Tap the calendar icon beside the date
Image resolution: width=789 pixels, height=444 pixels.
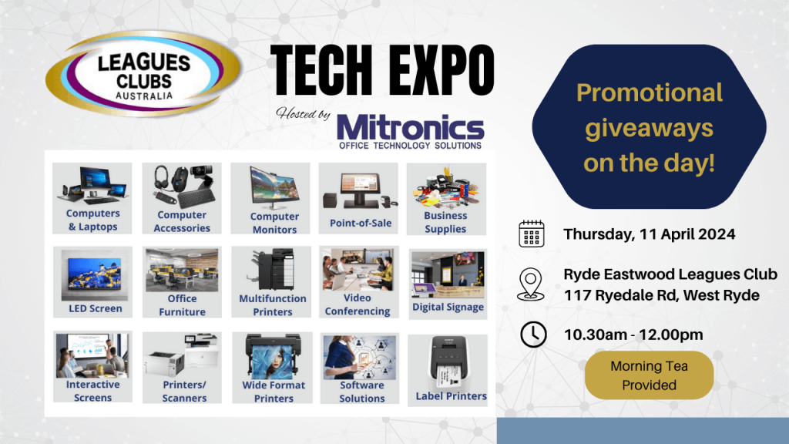coord(532,233)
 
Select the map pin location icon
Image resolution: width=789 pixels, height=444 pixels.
coord(532,283)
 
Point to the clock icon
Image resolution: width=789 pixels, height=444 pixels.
coord(532,335)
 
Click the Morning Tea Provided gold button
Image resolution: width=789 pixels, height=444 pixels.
coord(649,375)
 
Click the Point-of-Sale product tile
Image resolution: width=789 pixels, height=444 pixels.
coord(358,198)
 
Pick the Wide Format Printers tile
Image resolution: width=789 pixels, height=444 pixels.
coord(274,368)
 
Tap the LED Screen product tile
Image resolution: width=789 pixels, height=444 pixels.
coord(95,282)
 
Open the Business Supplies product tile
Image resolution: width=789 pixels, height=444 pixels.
coord(445,198)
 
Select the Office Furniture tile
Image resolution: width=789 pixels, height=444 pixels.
coord(182,282)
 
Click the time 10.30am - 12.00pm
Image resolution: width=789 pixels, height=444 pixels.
coord(633,335)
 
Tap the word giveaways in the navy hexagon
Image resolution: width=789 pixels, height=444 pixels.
coord(649,128)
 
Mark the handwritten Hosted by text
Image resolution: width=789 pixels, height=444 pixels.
coord(303,114)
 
